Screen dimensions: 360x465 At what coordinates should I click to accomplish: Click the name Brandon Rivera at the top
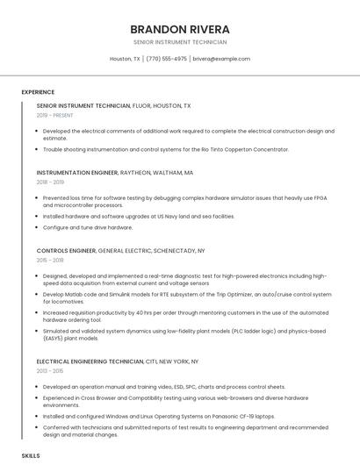click(179, 29)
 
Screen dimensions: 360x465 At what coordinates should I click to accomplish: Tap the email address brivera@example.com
click(221, 59)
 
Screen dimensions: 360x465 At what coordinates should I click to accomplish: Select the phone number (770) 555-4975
click(166, 59)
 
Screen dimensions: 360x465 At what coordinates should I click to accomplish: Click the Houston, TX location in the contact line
click(125, 59)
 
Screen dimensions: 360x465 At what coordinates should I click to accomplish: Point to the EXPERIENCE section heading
click(38, 92)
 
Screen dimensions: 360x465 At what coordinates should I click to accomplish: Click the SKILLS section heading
click(31, 456)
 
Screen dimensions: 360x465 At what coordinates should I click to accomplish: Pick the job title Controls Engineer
click(67, 251)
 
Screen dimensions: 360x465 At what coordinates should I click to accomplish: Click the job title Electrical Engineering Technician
click(90, 361)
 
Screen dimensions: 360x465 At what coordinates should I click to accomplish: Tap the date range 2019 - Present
click(54, 115)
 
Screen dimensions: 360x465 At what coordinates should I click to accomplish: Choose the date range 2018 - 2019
click(50, 182)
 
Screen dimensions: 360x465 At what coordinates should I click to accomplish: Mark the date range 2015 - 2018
click(50, 261)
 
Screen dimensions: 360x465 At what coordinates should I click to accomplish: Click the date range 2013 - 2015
click(50, 371)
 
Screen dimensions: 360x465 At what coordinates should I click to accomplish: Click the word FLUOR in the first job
click(140, 105)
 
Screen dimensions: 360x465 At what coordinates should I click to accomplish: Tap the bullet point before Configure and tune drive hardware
click(38, 228)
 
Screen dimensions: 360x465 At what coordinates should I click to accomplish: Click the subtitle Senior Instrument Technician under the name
click(179, 42)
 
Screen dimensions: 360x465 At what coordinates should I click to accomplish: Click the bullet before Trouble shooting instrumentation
click(38, 150)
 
